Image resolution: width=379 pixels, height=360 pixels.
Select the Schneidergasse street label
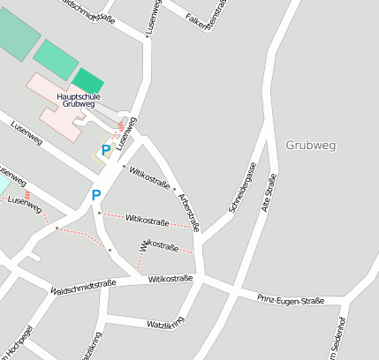pos(241,187)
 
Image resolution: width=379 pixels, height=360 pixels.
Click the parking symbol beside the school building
pos(106,150)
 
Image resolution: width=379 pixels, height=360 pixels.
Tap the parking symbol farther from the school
pos(96,195)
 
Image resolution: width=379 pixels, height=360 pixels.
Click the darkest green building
pos(87,81)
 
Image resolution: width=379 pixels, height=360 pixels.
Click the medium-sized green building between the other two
pos(55,58)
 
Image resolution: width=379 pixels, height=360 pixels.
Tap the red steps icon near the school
pos(122,127)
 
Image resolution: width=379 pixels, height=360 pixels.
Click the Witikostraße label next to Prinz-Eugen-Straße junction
pos(171,279)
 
